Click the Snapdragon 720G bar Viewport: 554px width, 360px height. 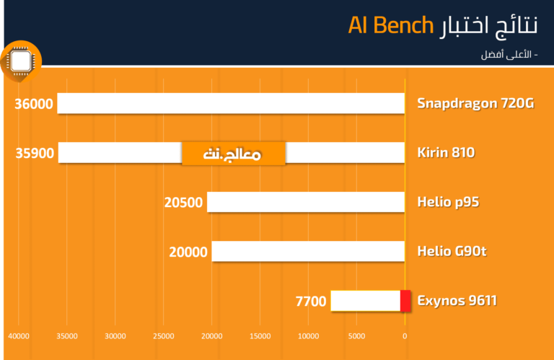[231, 103]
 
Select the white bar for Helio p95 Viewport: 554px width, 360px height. [306, 202]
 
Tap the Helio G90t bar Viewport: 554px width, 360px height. [308, 251]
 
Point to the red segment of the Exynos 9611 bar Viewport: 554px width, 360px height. [405, 301]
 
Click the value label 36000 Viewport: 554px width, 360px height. [34, 104]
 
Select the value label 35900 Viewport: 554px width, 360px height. [35, 154]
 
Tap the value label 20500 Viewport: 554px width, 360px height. [183, 203]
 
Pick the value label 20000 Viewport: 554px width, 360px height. [188, 253]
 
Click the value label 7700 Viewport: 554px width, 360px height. [311, 302]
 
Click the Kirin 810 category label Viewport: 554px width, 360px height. [446, 153]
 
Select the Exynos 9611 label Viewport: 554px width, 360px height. [457, 301]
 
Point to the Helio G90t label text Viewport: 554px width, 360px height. [452, 251]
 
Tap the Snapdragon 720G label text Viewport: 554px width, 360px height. [475, 103]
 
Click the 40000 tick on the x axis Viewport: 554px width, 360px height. [19, 336]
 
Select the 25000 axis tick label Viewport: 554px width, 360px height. [164, 336]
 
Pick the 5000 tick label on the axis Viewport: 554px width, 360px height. [356, 336]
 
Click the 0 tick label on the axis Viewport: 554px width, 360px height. [405, 336]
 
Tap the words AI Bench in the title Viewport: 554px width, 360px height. [391, 25]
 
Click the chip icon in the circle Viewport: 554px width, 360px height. [21, 61]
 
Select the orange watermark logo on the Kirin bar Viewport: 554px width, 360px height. [234, 154]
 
